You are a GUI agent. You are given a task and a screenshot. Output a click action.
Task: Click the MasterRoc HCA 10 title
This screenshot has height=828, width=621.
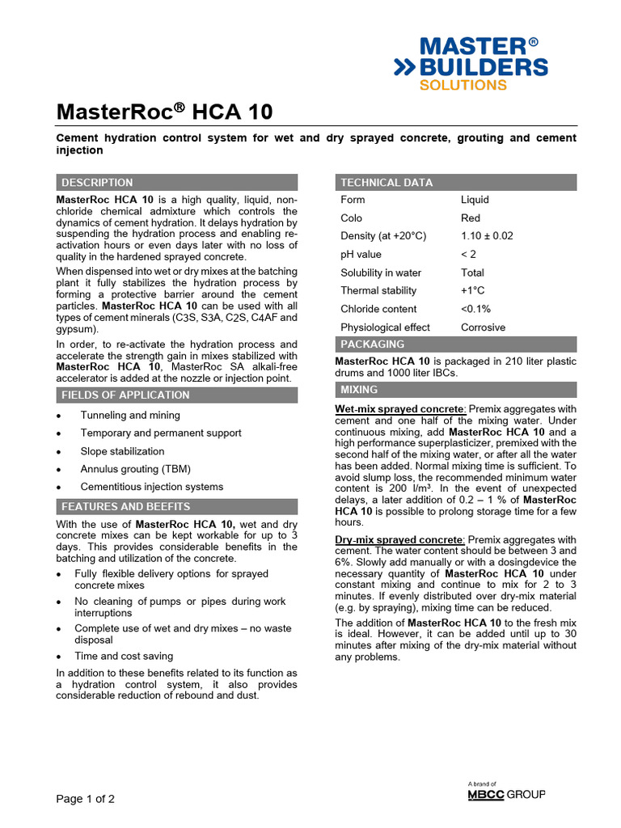164,112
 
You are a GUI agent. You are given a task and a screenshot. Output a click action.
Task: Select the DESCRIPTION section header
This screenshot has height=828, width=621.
97,183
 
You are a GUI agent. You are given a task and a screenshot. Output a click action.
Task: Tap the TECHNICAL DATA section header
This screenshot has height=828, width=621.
387,183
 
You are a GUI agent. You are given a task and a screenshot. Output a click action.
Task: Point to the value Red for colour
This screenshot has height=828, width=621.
471,218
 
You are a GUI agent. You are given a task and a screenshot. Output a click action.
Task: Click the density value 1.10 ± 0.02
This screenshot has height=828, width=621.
487,236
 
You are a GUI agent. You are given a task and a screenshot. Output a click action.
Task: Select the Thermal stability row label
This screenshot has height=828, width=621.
378,290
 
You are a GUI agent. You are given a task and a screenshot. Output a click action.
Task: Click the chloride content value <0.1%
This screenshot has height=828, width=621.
475,309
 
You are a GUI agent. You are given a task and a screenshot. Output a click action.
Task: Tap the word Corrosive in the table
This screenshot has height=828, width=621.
483,327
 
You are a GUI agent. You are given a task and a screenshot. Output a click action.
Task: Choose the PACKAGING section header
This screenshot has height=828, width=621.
373,344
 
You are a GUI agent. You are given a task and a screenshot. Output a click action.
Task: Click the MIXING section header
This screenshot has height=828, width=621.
359,390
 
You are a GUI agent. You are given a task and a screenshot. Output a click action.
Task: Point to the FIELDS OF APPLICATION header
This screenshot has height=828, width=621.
125,395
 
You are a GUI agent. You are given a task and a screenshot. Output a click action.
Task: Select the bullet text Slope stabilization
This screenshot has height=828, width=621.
122,451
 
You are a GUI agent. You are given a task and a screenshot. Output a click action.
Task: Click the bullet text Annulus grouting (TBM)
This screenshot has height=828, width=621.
129,469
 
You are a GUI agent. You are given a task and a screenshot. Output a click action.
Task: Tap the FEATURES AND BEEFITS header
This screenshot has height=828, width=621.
125,507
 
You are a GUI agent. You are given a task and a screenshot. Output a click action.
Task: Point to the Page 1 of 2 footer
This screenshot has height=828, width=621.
85,799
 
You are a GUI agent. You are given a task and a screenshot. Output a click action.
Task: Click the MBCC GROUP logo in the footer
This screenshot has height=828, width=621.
506,795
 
